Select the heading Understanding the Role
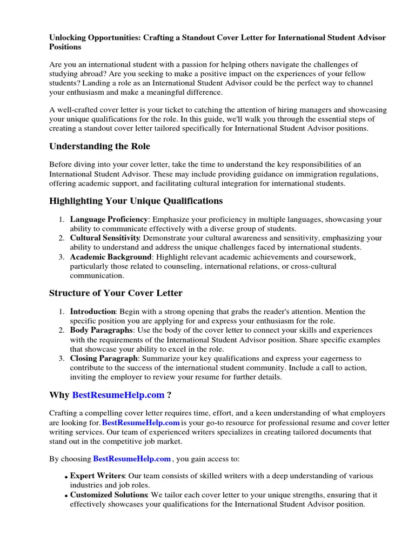tap(99, 146)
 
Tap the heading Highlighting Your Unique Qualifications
tap(136, 201)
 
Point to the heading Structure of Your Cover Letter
tap(116, 293)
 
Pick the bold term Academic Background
tap(110, 256)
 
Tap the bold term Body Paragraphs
tap(101, 330)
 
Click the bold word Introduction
tap(93, 312)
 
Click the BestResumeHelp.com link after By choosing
tap(132, 459)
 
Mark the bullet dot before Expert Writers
tap(65, 478)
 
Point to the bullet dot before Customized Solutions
tap(65, 496)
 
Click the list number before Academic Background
tap(62, 257)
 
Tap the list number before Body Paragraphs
tap(62, 330)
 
